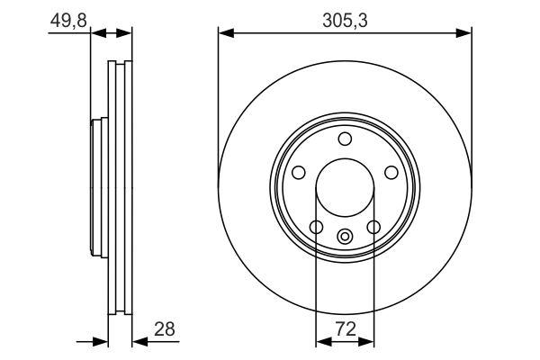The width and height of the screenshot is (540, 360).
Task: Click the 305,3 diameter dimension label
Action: click(345, 21)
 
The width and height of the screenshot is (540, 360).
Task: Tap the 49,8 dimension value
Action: click(68, 21)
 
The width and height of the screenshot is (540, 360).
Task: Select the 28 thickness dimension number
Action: click(165, 329)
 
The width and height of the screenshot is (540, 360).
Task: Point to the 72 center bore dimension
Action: click(346, 329)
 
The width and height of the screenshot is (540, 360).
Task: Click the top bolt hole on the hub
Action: click(345, 139)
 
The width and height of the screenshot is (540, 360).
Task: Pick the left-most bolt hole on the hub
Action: click(298, 172)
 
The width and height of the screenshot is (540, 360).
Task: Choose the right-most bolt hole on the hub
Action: click(391, 172)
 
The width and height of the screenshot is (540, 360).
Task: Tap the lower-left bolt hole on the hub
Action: click(316, 227)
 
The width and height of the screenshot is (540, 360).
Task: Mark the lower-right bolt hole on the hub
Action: click(373, 227)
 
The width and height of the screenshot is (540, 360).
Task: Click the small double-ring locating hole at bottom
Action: click(345, 237)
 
